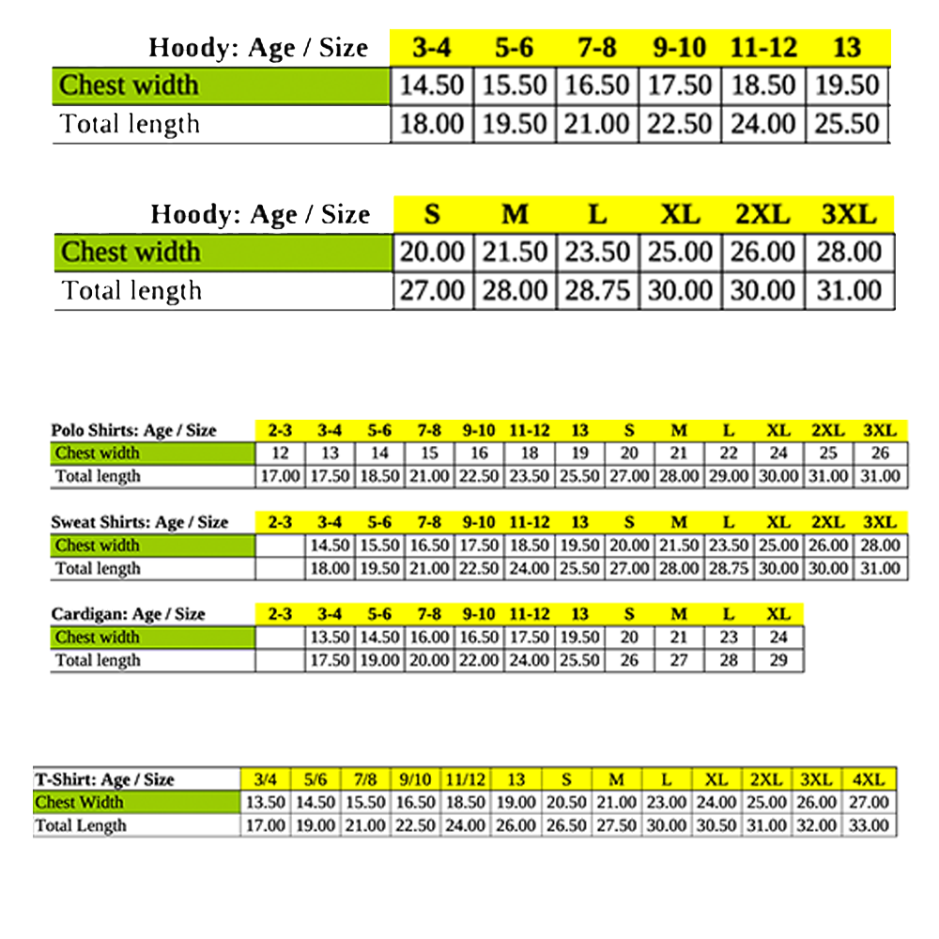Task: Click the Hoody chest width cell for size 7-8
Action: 597,85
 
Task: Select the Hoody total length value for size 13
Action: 847,124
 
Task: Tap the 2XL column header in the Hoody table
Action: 762,215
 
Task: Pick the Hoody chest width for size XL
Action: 680,253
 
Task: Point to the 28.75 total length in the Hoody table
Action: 597,291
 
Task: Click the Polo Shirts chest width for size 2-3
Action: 280,454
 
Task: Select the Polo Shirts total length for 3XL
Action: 880,476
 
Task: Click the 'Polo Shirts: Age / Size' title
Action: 134,431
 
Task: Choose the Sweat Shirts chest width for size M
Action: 679,546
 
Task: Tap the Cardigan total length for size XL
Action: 778,660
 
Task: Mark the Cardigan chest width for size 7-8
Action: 429,638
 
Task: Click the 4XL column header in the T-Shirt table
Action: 868,779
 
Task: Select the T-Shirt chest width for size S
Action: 566,803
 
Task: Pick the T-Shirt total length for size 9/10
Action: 415,826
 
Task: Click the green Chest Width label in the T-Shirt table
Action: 80,803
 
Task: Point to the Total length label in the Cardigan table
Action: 98,660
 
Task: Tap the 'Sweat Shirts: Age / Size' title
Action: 140,522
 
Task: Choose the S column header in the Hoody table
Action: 432,215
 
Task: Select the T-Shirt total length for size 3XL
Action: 816,826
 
